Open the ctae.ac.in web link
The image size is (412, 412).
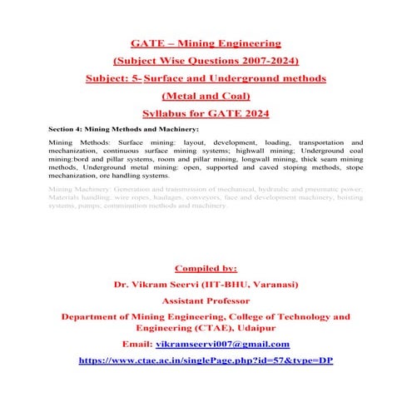[206, 360]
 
